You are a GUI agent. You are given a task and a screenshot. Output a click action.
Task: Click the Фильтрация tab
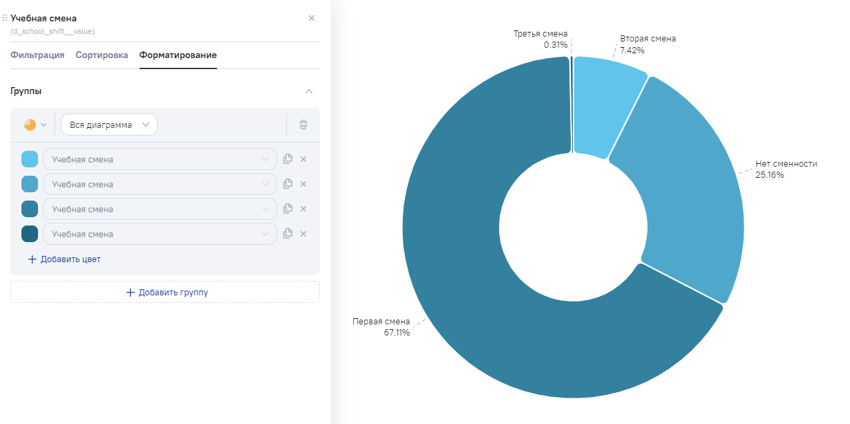37,55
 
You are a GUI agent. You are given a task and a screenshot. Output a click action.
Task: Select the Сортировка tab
102,55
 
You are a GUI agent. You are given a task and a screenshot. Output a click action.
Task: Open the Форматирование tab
178,55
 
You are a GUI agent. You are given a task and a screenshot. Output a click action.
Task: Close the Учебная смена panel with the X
311,18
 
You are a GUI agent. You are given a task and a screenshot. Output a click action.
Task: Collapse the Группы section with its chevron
309,91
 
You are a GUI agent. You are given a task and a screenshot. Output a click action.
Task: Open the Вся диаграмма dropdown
109,125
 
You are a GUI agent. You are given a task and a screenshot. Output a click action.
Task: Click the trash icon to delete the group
303,125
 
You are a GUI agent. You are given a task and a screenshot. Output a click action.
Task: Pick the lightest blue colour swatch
30,159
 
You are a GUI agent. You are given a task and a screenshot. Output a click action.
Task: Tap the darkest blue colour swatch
30,234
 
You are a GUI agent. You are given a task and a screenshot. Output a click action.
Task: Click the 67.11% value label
397,333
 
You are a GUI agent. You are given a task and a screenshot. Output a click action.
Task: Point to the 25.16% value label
770,175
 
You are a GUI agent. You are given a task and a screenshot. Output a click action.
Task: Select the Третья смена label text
540,34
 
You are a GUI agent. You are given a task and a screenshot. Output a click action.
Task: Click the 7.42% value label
632,50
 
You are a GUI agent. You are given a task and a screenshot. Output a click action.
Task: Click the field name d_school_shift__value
53,31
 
